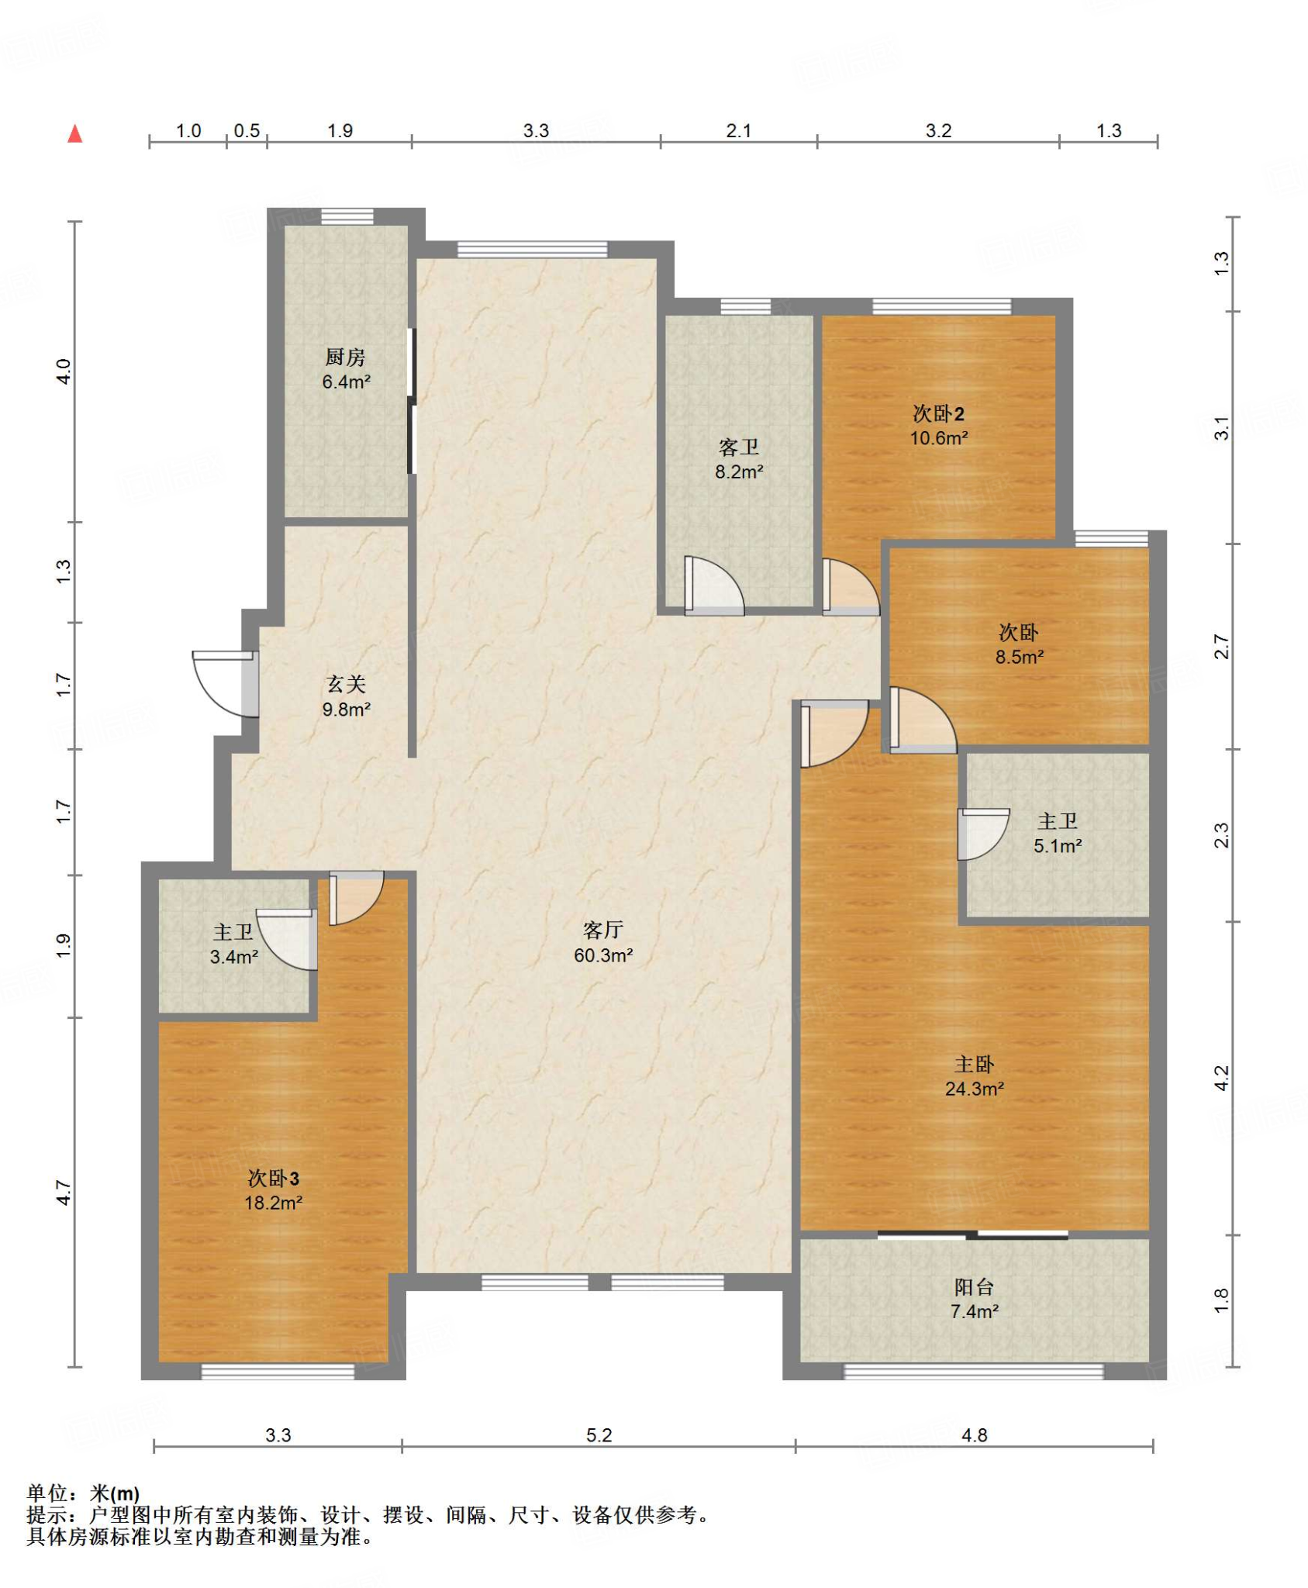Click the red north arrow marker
point(75,133)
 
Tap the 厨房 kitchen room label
point(345,357)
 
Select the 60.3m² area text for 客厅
point(603,955)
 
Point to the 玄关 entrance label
point(346,684)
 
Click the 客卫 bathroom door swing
point(714,586)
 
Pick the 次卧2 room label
point(938,413)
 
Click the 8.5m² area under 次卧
point(1020,657)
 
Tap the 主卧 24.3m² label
point(975,1076)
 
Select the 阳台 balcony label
point(975,1287)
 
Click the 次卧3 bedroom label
point(274,1179)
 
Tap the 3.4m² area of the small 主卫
point(234,957)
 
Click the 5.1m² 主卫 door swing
point(983,834)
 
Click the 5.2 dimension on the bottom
point(599,1435)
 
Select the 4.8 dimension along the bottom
point(975,1435)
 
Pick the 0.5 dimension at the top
point(247,130)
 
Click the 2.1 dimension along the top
point(738,130)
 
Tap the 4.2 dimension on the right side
point(1221,1078)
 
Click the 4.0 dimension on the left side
point(64,371)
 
